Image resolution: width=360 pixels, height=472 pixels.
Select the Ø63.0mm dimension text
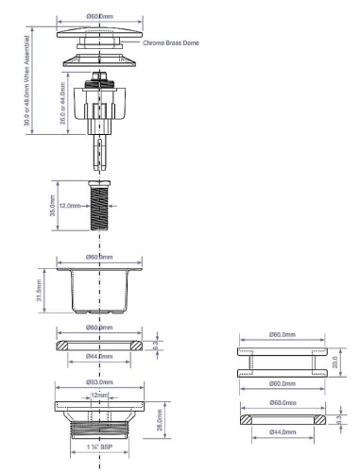[98, 383]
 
